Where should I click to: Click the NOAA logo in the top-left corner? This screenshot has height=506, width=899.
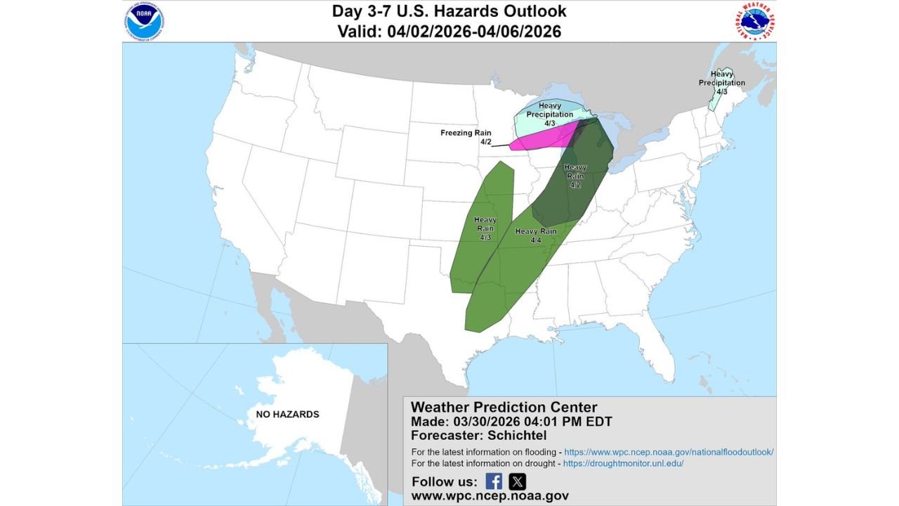[145, 22]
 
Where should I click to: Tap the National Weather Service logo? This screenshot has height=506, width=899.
[756, 22]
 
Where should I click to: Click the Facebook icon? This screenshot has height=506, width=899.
[494, 481]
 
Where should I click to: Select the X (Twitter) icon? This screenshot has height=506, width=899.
[517, 481]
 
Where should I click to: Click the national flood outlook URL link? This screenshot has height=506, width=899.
[669, 452]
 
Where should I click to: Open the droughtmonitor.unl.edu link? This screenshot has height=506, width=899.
[623, 464]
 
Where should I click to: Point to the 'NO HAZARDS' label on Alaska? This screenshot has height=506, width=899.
[287, 414]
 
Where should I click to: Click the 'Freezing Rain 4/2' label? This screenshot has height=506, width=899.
[466, 137]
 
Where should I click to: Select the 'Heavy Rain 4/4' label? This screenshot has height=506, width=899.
[536, 235]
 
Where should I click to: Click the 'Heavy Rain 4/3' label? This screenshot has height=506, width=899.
[485, 228]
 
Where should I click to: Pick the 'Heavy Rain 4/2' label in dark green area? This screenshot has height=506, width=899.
[575, 176]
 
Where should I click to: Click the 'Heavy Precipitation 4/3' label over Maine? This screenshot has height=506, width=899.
[721, 82]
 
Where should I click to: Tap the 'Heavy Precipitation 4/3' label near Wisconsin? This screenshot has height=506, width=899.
[550, 115]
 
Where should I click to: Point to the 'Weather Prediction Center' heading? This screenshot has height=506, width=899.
[504, 407]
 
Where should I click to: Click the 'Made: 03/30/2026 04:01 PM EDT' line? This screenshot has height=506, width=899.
[511, 422]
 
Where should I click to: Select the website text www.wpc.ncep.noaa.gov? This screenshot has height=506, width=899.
[490, 496]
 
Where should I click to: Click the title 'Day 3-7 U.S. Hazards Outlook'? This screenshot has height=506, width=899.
[449, 11]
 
